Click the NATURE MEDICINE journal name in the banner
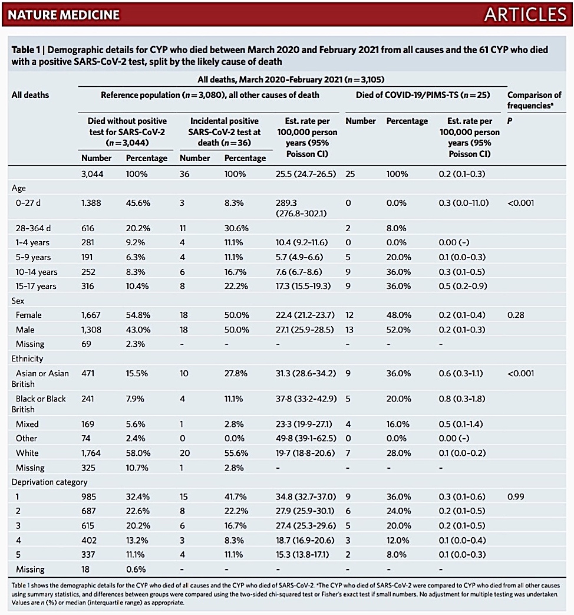64,15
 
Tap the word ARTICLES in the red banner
526,15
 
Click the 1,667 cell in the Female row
91,315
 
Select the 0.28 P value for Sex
516,315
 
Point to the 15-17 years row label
36,287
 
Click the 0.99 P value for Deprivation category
516,496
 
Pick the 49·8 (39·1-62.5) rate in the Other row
306,439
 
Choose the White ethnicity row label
27,453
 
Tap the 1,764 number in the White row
91,453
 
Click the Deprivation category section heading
50,482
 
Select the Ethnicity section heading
27,359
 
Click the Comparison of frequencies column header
535,100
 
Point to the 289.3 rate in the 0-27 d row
286,203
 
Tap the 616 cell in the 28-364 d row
88,228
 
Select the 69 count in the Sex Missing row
86,344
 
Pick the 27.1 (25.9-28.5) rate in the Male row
305,330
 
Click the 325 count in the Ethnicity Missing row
88,468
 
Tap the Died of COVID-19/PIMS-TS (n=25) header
423,95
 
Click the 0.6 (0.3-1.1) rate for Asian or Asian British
461,373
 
